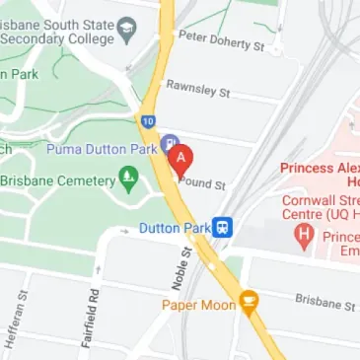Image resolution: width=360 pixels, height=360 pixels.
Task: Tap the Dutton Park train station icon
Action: (225, 228)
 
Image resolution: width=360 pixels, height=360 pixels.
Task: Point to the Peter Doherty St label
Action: (222, 40)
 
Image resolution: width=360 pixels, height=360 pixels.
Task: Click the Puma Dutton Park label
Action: (104, 148)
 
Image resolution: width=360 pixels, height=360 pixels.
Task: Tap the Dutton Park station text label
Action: (175, 228)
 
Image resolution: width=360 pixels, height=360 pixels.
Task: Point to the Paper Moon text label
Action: (199, 305)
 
